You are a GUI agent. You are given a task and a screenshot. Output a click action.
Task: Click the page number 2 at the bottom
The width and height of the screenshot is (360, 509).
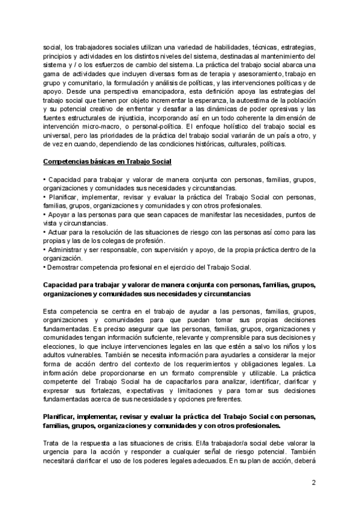(x=314, y=483)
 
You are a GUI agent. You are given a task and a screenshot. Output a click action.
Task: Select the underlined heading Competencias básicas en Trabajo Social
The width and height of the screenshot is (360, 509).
(x=107, y=162)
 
